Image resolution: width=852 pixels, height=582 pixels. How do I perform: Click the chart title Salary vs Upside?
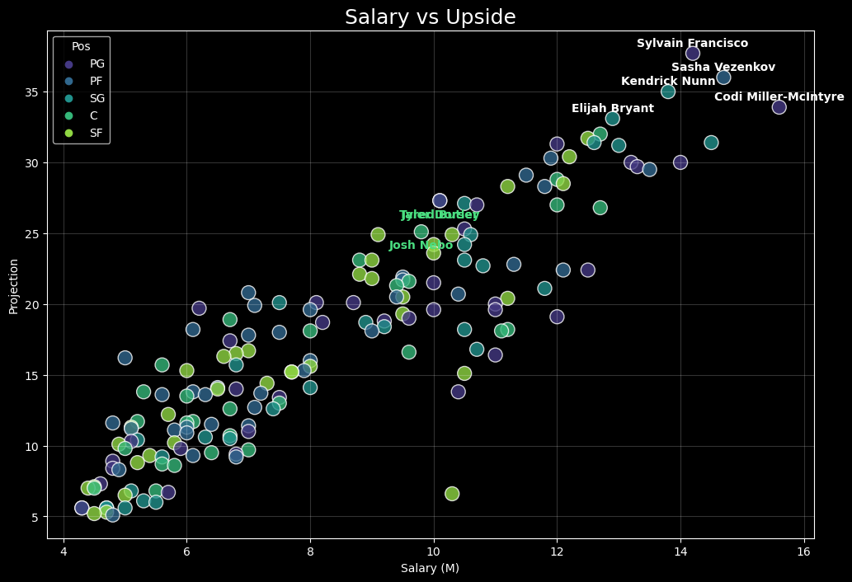(430, 17)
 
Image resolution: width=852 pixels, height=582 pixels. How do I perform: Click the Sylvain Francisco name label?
(692, 44)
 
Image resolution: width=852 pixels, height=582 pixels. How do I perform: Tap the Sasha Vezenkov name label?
(723, 68)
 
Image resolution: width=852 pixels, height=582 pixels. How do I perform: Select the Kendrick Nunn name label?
(668, 81)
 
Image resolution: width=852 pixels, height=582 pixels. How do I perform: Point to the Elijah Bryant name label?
(612, 109)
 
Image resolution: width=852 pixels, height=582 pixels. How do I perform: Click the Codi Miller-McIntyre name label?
(779, 97)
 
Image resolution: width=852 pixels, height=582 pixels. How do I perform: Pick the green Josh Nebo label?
(421, 246)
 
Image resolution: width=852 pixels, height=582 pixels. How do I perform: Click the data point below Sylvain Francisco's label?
(693, 54)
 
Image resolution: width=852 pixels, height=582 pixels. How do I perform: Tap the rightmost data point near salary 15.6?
(779, 107)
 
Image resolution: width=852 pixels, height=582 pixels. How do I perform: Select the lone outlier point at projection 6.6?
(452, 494)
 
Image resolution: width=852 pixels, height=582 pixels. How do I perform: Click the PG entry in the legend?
(96, 63)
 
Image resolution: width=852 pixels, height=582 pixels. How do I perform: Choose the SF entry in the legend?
(96, 133)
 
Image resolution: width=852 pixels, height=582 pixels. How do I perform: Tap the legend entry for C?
(94, 115)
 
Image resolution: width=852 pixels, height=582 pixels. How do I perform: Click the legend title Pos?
(81, 47)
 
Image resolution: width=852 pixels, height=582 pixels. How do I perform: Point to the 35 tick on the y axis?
(31, 92)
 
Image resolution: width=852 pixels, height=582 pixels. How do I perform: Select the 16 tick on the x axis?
(803, 551)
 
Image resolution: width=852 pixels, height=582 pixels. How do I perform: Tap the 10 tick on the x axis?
(433, 551)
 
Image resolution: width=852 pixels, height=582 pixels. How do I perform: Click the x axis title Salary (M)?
(430, 568)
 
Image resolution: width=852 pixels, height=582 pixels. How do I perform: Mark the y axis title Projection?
(13, 285)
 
